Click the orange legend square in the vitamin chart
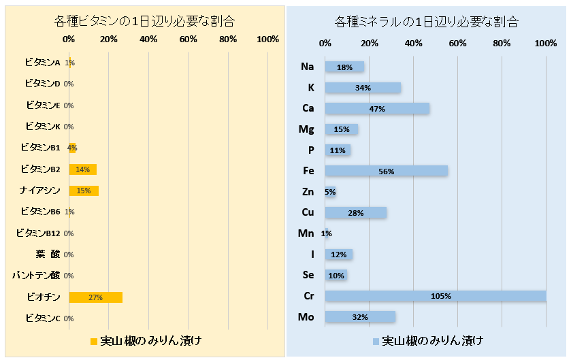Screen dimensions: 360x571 (94, 340)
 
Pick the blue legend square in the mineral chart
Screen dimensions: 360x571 (375, 340)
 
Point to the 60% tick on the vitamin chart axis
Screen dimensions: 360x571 (189, 39)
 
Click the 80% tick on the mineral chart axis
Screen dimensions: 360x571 (502, 44)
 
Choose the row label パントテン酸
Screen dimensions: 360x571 (37, 276)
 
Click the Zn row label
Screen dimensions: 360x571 (308, 192)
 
